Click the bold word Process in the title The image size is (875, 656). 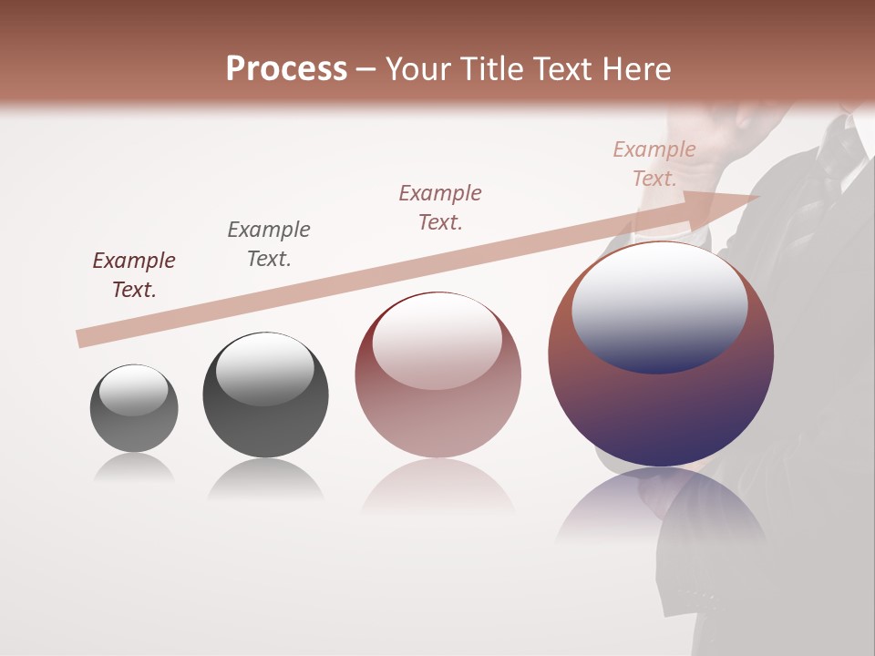(x=286, y=69)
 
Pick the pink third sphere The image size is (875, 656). (x=437, y=410)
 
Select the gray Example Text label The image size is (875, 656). (x=269, y=244)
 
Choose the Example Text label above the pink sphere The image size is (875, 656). (x=440, y=207)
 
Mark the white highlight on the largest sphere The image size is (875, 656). (x=659, y=305)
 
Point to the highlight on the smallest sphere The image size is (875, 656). (x=133, y=390)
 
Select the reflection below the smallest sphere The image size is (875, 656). (x=134, y=468)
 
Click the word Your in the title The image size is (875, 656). (x=416, y=69)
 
